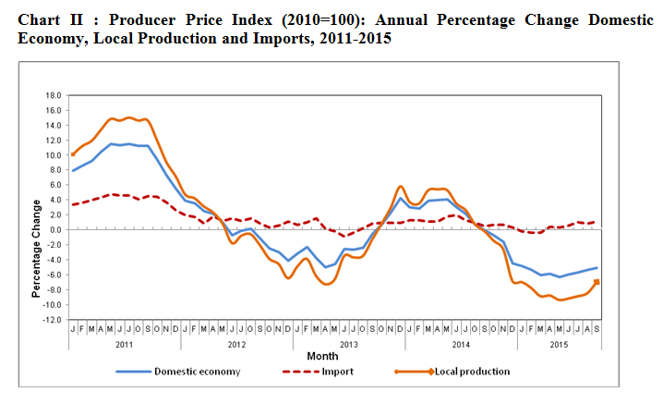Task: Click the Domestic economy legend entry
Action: pos(197,372)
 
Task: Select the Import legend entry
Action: pos(337,372)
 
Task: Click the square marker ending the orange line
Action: pos(597,282)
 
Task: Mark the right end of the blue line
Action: pos(597,268)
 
